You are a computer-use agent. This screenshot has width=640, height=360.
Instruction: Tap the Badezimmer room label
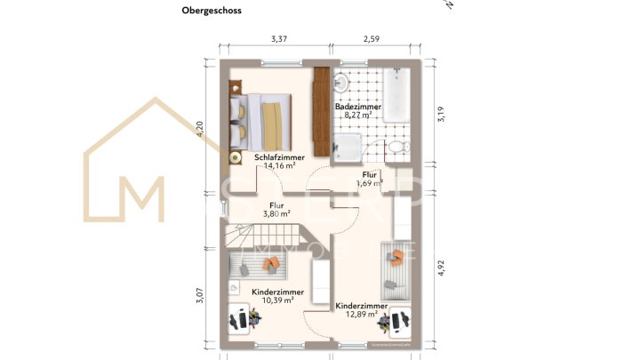(x=357, y=107)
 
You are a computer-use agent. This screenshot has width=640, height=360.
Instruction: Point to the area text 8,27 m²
(x=357, y=116)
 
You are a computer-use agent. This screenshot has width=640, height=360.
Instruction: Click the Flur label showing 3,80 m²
(x=276, y=204)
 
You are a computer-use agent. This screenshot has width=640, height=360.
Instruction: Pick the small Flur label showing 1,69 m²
(x=369, y=175)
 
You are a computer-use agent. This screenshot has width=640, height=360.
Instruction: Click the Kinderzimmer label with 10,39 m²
(x=277, y=292)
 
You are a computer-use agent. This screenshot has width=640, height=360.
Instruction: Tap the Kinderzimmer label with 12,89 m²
(x=361, y=306)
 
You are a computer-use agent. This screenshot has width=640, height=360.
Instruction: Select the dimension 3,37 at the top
(x=278, y=38)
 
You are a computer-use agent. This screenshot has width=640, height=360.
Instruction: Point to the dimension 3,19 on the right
(x=438, y=116)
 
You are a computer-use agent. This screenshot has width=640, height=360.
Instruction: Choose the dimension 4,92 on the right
(x=438, y=266)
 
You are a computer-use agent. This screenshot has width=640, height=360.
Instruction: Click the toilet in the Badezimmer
(x=400, y=147)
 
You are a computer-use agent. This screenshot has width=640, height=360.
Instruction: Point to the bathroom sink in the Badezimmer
(x=340, y=84)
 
